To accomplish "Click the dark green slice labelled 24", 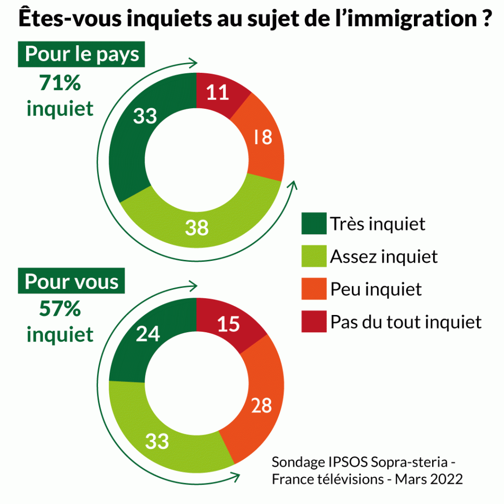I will coord(147,334).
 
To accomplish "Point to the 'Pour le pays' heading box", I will coord(82,54).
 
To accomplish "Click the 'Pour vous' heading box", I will coord(72,282).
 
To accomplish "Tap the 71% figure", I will coord(60,84).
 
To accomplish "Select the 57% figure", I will coord(60,310).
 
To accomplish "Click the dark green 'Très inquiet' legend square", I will coord(314,224).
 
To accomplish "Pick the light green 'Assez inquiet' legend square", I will coord(314,256).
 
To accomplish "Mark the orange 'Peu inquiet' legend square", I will coord(314,289).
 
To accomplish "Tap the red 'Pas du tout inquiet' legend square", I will coord(314,321).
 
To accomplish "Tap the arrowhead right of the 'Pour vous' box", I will coord(194,286).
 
